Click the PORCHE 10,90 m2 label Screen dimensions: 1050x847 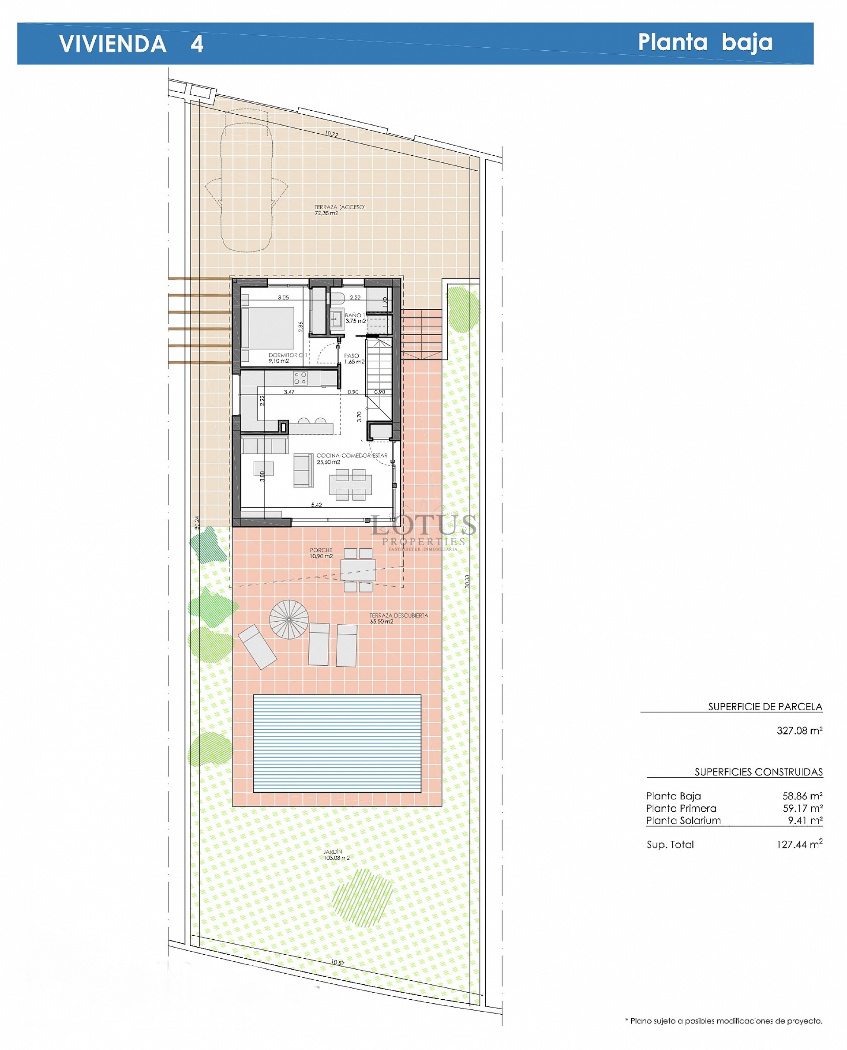(321, 553)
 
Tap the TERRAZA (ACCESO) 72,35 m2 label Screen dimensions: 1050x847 (340, 210)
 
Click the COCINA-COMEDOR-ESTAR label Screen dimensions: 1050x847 (352, 455)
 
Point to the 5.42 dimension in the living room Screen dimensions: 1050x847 (317, 505)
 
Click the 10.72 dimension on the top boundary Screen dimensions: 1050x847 (332, 134)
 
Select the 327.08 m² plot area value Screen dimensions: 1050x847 (799, 731)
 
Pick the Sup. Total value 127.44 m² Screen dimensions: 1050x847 (799, 844)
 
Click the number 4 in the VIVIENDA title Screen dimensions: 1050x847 (197, 44)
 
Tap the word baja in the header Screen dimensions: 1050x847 (747, 42)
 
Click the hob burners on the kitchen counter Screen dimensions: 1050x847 (300, 377)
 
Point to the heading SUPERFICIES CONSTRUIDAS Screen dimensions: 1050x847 (758, 772)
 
